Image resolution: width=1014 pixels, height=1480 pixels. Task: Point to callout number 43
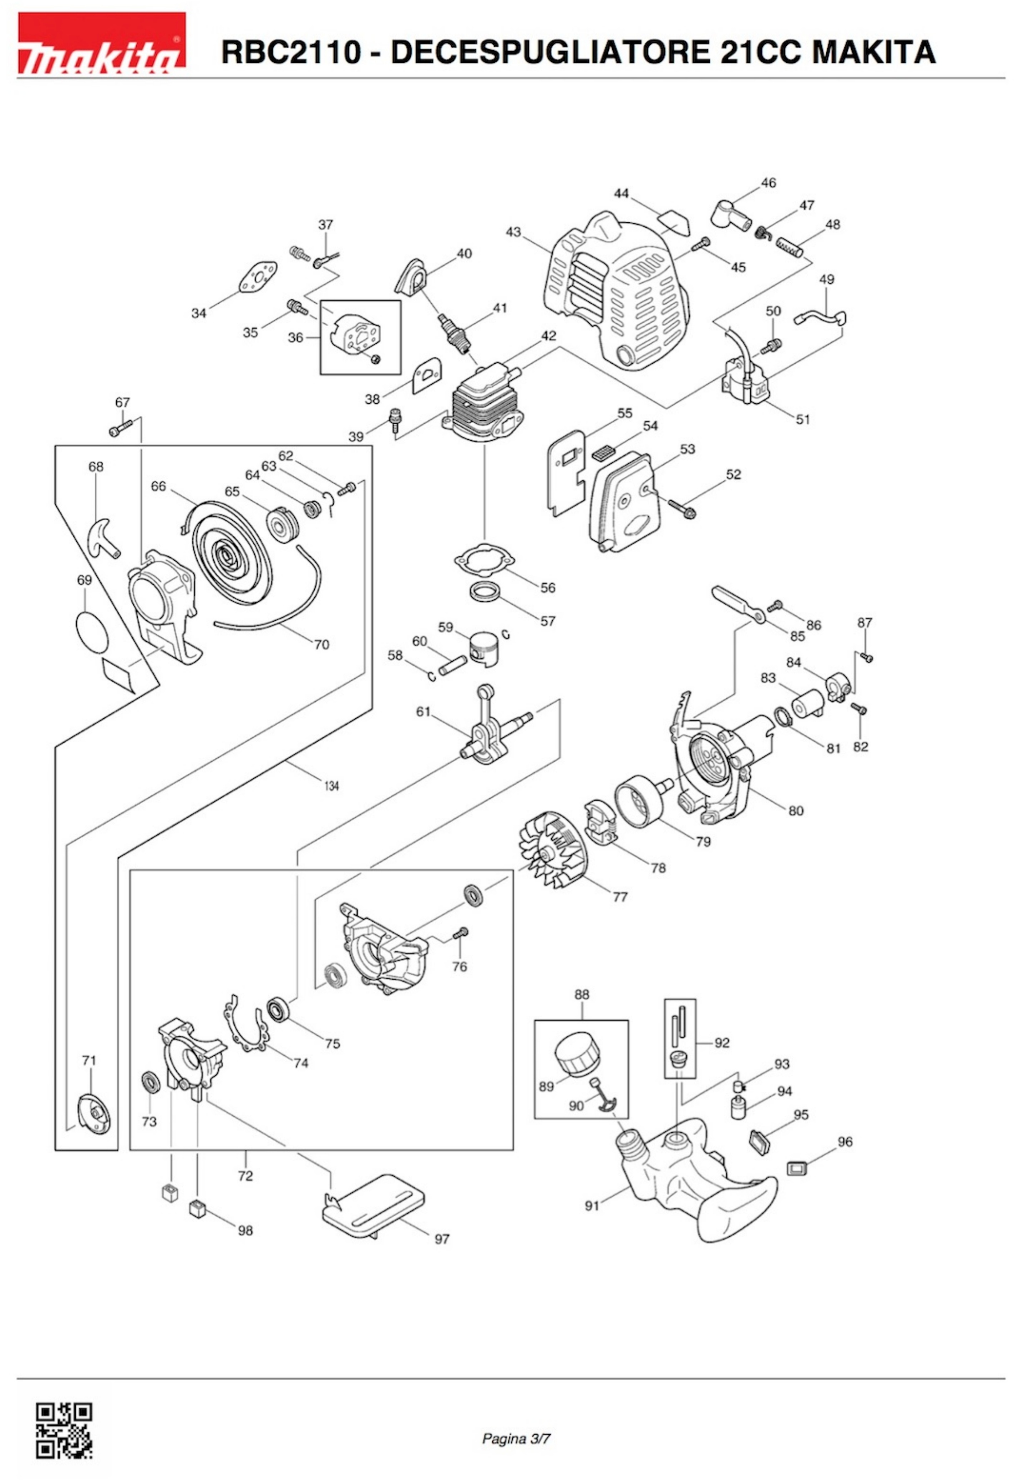pos(513,232)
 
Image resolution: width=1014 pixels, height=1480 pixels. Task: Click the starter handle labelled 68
pos(102,534)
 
